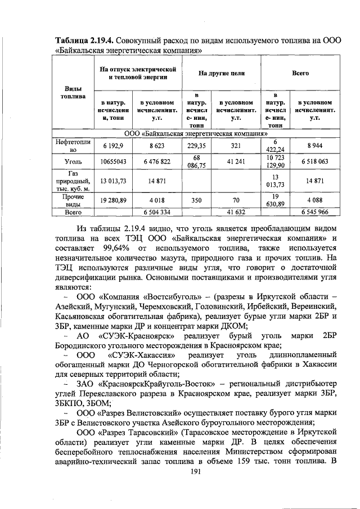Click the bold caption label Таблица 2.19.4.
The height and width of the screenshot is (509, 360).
click(x=85, y=40)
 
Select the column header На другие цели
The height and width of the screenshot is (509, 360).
click(x=222, y=73)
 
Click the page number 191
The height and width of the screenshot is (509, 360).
click(x=196, y=471)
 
